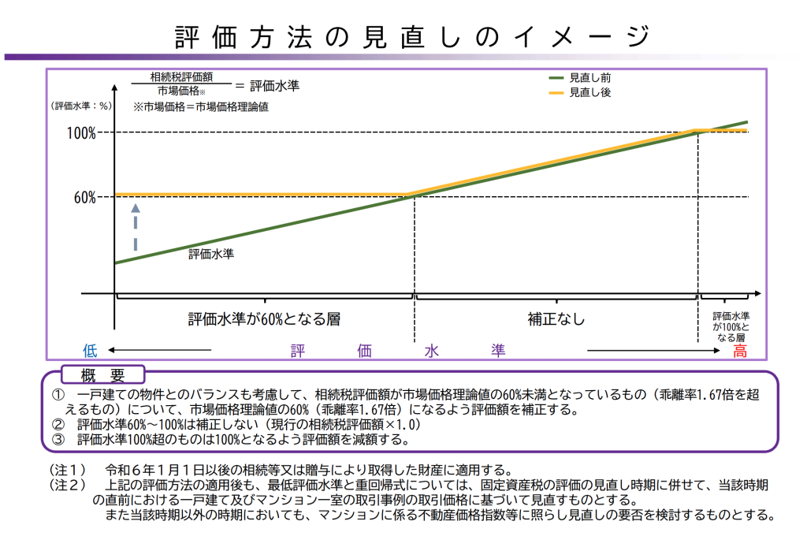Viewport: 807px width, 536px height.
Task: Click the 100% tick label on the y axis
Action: click(x=81, y=133)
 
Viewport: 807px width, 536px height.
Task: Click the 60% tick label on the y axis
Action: click(x=84, y=197)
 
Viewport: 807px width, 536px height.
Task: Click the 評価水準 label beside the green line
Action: click(x=211, y=255)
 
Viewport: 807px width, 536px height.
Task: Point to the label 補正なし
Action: click(x=556, y=319)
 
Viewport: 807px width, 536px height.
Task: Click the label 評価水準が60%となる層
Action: click(x=264, y=319)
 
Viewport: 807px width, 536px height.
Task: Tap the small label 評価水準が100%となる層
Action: click(x=730, y=326)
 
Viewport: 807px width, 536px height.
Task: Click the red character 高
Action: click(x=740, y=352)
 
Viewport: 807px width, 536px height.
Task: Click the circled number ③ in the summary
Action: click(x=58, y=439)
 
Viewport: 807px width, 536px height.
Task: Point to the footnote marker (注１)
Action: click(x=67, y=471)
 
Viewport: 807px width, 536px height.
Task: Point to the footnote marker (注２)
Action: click(x=67, y=486)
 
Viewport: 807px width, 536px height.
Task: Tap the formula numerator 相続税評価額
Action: click(x=181, y=77)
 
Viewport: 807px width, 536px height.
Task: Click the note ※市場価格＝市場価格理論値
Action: click(x=201, y=106)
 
